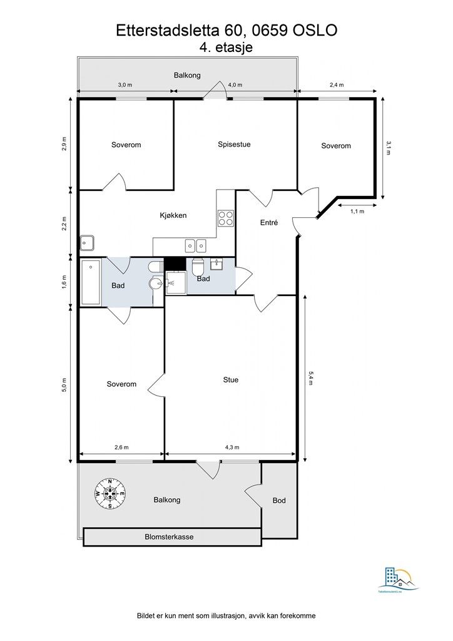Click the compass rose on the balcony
(110, 494)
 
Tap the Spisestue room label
(234, 144)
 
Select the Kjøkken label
(173, 215)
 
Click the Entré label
(268, 223)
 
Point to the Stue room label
(231, 379)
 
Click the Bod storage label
(279, 501)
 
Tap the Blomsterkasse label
(169, 537)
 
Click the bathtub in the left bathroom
(91, 283)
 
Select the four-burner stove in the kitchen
(225, 218)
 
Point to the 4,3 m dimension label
(231, 448)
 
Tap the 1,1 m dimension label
(357, 211)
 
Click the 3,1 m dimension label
(389, 147)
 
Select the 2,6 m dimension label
(121, 448)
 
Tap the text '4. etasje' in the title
(226, 48)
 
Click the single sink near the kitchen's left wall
(87, 242)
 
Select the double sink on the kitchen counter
(196, 245)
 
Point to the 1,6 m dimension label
(64, 282)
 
